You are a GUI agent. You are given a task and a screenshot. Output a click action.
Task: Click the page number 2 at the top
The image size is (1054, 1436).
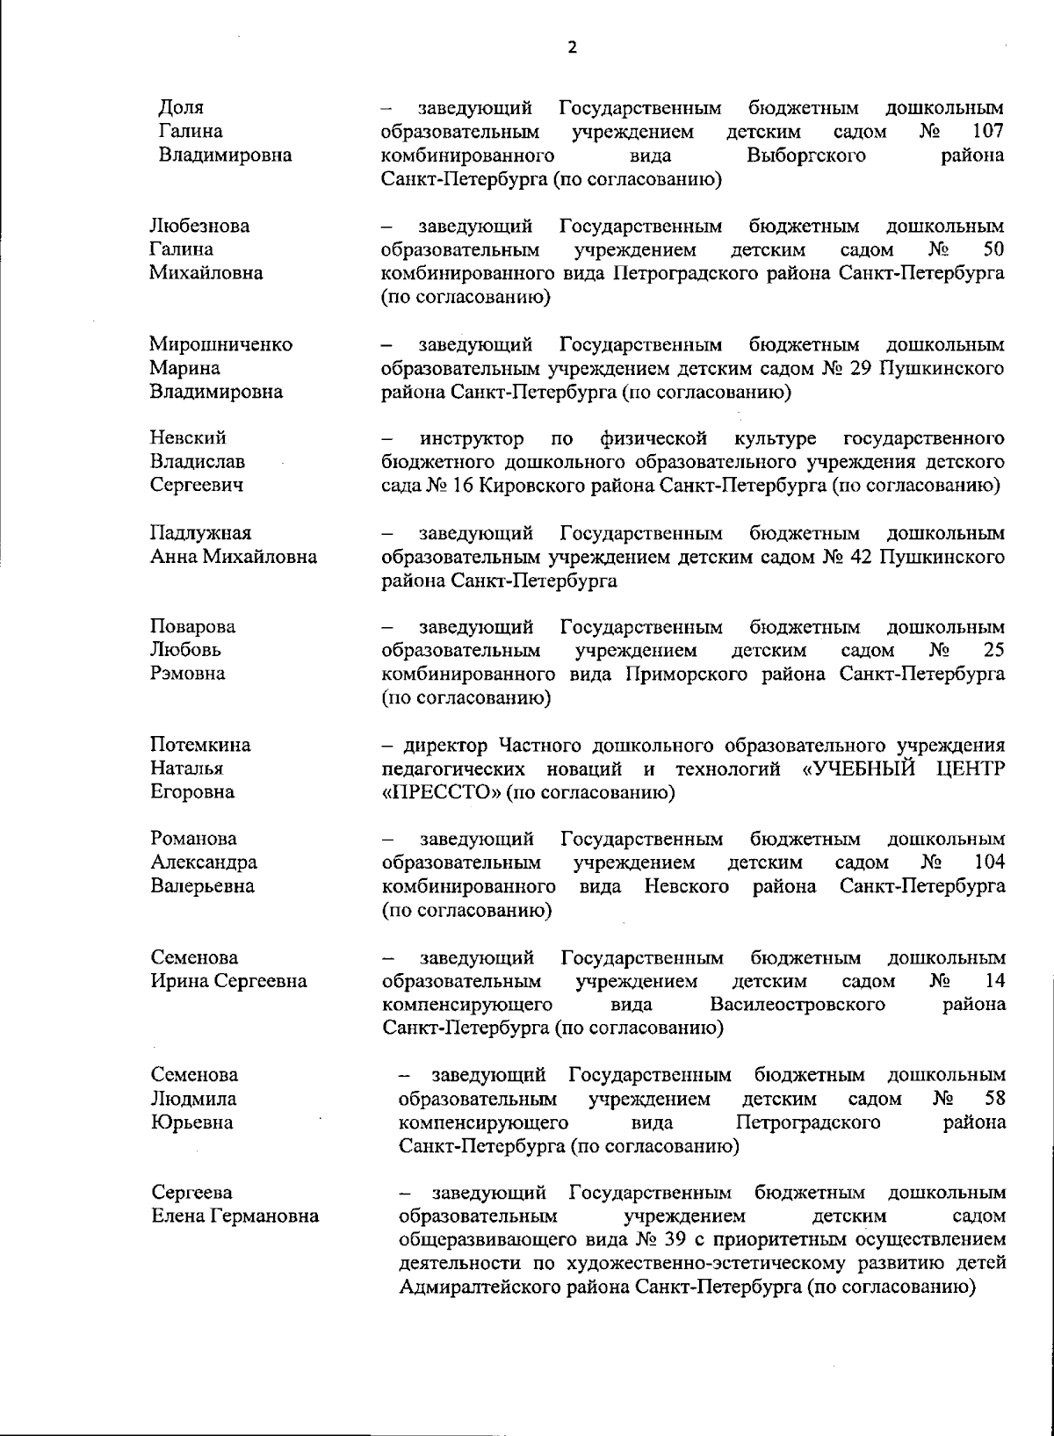(x=573, y=47)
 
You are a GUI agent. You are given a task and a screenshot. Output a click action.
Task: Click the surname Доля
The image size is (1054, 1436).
(x=181, y=108)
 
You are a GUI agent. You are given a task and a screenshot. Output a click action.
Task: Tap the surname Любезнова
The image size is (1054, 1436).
(x=199, y=227)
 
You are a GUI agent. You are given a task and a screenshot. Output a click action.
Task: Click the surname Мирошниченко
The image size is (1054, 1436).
(x=220, y=344)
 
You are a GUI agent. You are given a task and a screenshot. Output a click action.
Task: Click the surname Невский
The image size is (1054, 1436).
(x=188, y=438)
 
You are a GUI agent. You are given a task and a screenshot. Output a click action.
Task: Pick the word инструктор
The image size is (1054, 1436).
(x=472, y=438)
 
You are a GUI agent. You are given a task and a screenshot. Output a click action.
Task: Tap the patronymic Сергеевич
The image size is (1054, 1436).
(x=197, y=486)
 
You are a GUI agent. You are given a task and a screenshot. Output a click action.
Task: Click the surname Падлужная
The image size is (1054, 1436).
(x=201, y=533)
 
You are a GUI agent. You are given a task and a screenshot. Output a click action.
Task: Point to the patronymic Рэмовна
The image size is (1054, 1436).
(x=188, y=674)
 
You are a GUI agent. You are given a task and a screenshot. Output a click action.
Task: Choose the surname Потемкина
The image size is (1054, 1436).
(x=200, y=745)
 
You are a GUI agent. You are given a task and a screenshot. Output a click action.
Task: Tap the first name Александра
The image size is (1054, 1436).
(x=204, y=862)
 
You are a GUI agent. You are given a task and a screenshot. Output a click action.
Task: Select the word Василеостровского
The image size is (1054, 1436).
(x=797, y=1004)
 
